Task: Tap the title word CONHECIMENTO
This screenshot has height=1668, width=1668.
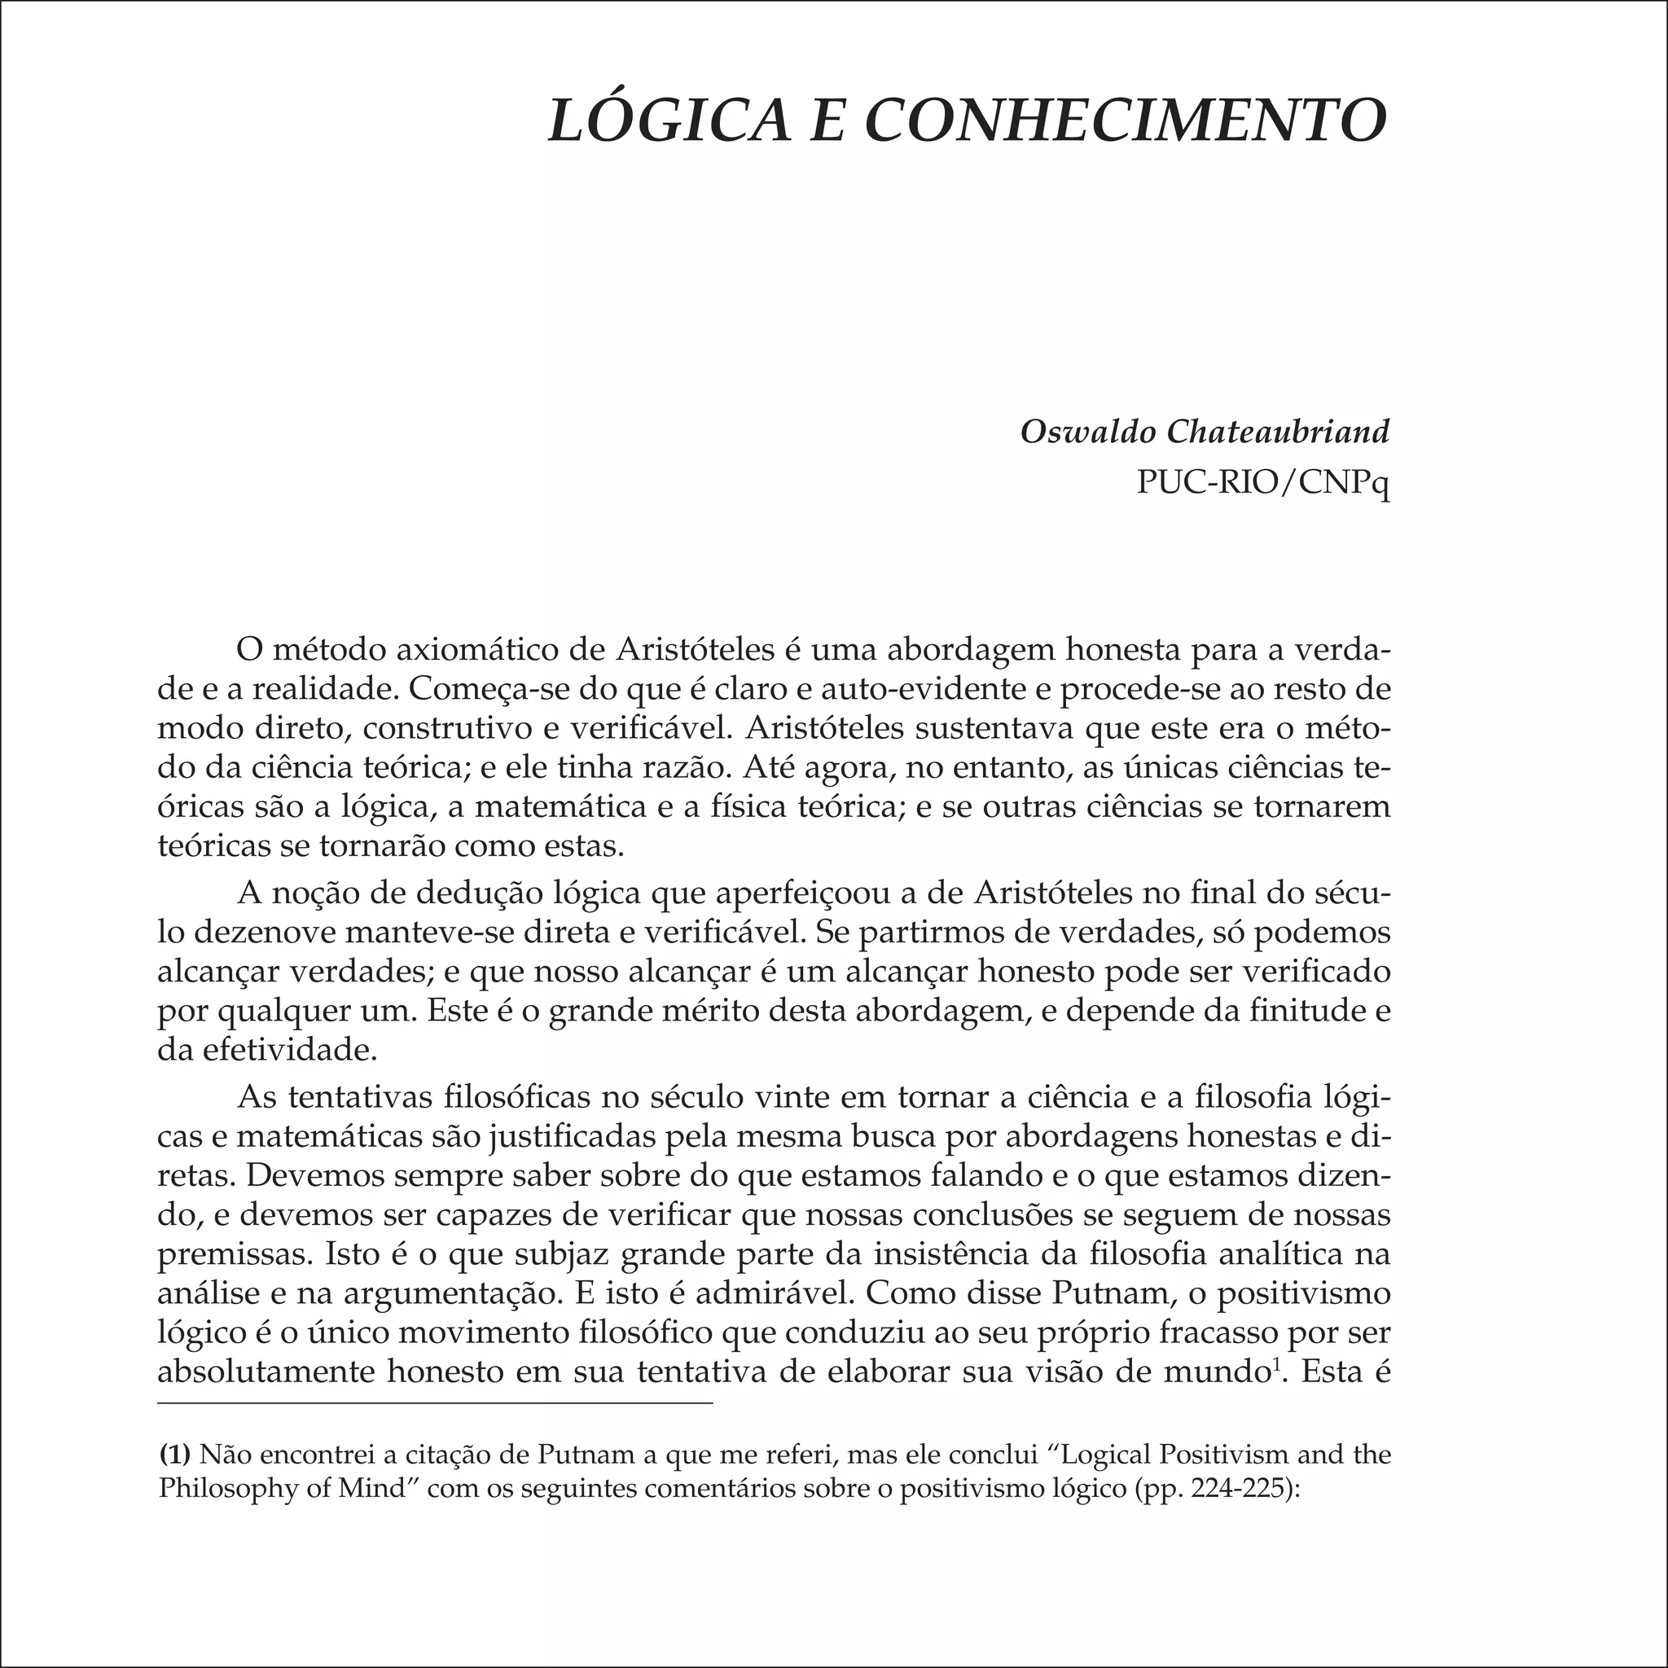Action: click(1126, 120)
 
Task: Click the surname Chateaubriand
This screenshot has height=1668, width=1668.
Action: click(1278, 431)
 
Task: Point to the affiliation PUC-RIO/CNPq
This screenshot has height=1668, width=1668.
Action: click(1263, 483)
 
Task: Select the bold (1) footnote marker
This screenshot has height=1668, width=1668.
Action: click(175, 1455)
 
